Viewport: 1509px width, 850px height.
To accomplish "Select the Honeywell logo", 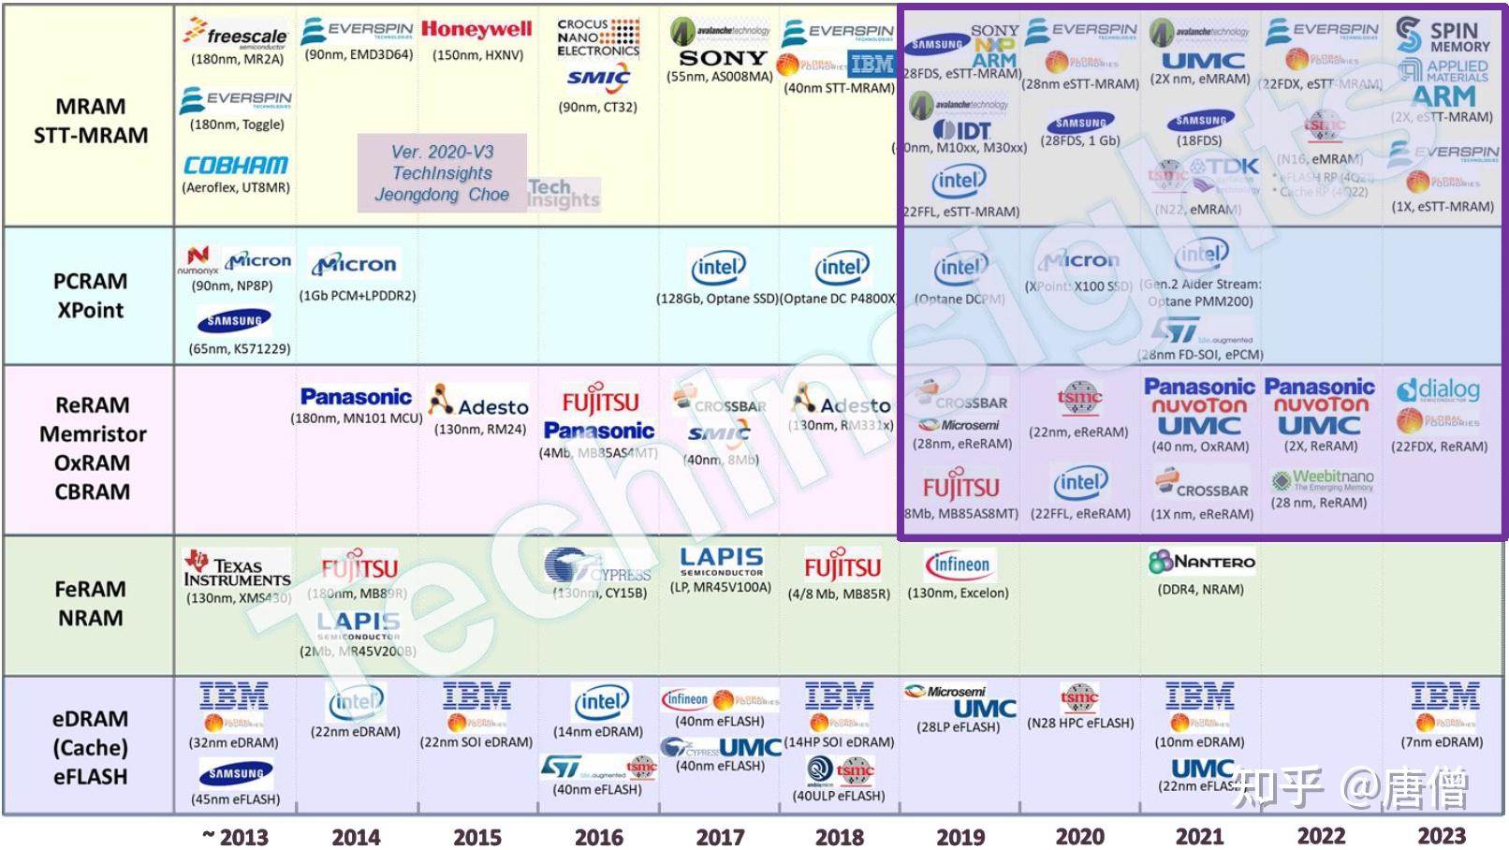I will click(476, 29).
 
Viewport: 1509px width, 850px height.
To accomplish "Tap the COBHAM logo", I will click(235, 166).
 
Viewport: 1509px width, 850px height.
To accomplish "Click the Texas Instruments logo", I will click(236, 567).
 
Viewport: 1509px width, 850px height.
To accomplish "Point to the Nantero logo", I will click(1201, 562).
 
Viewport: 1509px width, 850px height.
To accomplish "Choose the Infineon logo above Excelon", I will click(958, 564).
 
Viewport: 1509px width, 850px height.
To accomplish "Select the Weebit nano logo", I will click(1322, 479).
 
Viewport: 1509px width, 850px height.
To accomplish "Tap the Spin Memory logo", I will click(1442, 37).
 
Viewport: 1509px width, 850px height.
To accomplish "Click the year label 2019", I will click(960, 836).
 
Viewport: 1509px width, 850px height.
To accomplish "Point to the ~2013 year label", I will click(236, 836).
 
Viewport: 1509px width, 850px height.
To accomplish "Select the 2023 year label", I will click(1441, 836).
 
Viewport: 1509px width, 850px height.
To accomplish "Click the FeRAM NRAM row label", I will click(90, 604).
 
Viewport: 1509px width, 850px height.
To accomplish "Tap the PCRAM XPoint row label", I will click(90, 296).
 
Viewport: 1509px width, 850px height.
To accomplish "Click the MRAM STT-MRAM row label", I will click(90, 121).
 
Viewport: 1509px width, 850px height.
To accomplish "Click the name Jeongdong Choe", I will click(442, 195).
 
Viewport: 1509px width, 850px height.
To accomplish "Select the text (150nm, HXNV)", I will click(477, 55).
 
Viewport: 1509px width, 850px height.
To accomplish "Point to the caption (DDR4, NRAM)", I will click(1201, 590).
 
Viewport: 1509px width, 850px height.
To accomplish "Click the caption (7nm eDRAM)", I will click(1442, 742).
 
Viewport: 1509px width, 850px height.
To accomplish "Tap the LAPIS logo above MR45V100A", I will click(721, 561).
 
